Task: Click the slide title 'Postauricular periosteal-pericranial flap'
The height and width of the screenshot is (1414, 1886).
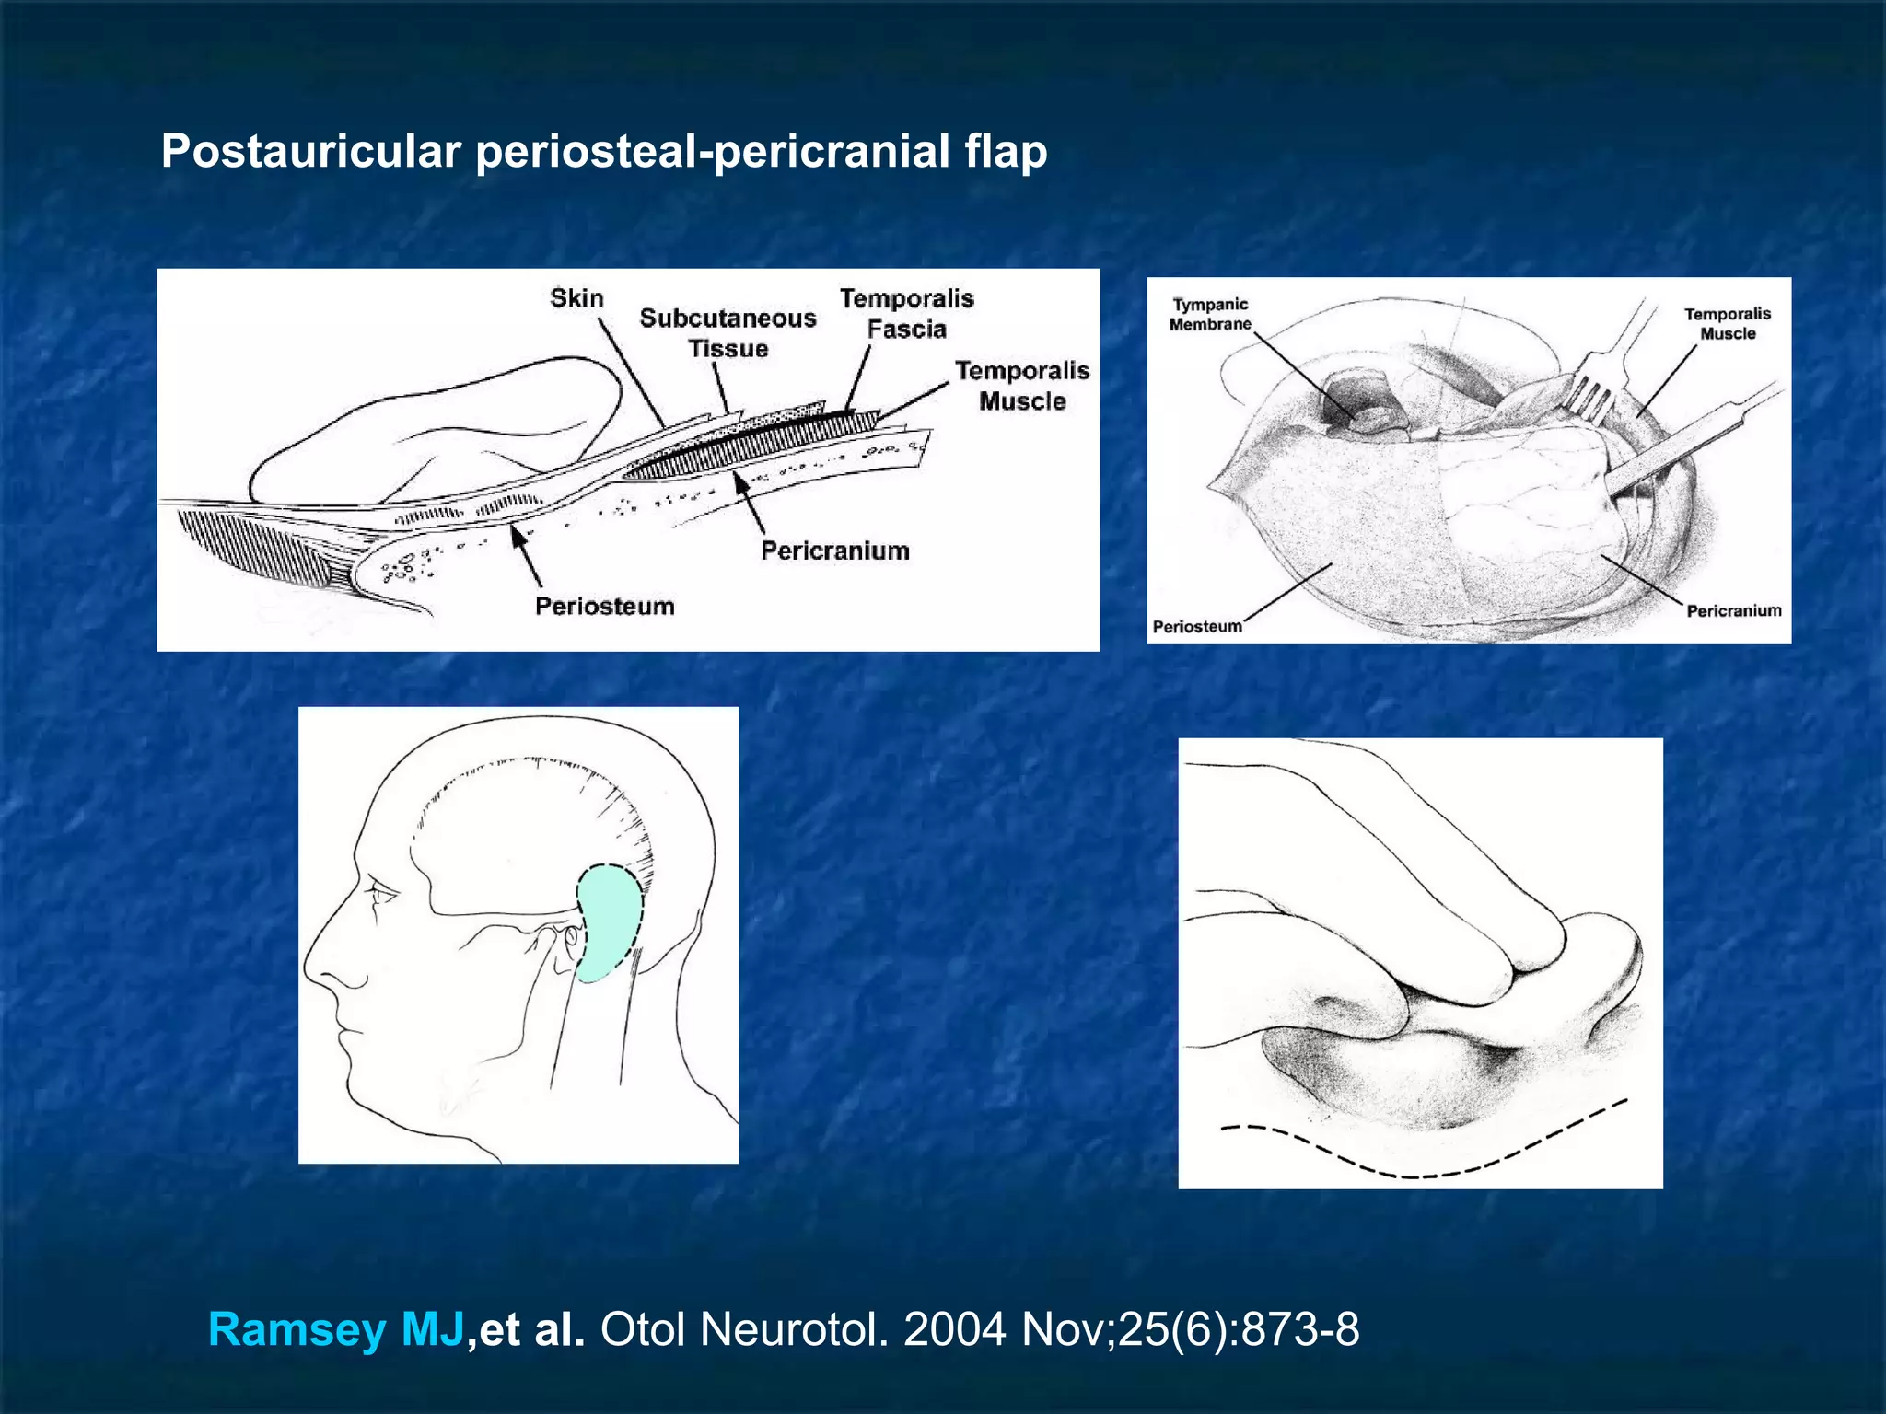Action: tap(604, 151)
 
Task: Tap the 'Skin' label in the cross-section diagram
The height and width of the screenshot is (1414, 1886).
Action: tap(576, 298)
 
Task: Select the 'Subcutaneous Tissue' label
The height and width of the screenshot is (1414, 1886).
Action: tap(728, 333)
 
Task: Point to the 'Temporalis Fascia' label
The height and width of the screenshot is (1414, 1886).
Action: tap(906, 314)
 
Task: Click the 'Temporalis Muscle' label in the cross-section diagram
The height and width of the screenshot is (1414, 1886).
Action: tap(1021, 386)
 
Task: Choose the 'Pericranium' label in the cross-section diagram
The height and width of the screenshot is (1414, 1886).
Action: tap(834, 551)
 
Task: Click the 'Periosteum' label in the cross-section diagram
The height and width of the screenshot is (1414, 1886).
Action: tap(604, 606)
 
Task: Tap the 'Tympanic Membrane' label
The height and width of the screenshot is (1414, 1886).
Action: tap(1210, 314)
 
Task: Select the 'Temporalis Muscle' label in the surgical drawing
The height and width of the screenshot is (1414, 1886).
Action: tap(1727, 324)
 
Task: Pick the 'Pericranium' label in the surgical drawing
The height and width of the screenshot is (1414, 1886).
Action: tap(1733, 610)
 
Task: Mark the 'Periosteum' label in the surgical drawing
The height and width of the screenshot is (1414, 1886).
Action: tap(1197, 627)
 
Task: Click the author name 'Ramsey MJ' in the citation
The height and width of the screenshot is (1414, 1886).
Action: tap(336, 1329)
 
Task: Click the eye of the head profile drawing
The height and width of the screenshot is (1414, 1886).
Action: tap(379, 891)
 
